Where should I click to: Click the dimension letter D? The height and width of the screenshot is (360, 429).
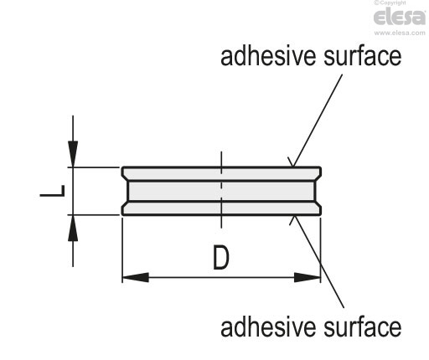click(221, 257)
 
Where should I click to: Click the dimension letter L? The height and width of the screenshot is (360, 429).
click(52, 191)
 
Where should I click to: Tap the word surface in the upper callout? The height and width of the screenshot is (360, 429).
click(363, 56)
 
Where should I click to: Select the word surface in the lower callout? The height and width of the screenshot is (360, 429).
click(363, 327)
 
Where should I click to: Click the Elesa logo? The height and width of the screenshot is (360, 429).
click(400, 17)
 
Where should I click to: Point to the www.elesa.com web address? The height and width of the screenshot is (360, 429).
click(400, 33)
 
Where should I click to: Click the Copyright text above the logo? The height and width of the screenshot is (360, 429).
click(390, 3)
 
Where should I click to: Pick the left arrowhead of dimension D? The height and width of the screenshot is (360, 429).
click(136, 277)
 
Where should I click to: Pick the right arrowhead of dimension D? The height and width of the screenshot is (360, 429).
click(308, 277)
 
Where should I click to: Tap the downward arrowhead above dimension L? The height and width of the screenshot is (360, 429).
click(73, 154)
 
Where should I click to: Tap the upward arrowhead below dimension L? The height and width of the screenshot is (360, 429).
click(73, 228)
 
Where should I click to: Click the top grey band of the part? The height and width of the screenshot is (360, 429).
click(221, 174)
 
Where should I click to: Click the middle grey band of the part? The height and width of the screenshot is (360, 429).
click(221, 191)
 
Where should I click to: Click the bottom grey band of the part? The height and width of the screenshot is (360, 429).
click(221, 208)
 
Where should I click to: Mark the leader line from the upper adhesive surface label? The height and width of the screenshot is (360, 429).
click(318, 121)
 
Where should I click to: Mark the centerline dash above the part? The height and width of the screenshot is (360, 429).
click(221, 162)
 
